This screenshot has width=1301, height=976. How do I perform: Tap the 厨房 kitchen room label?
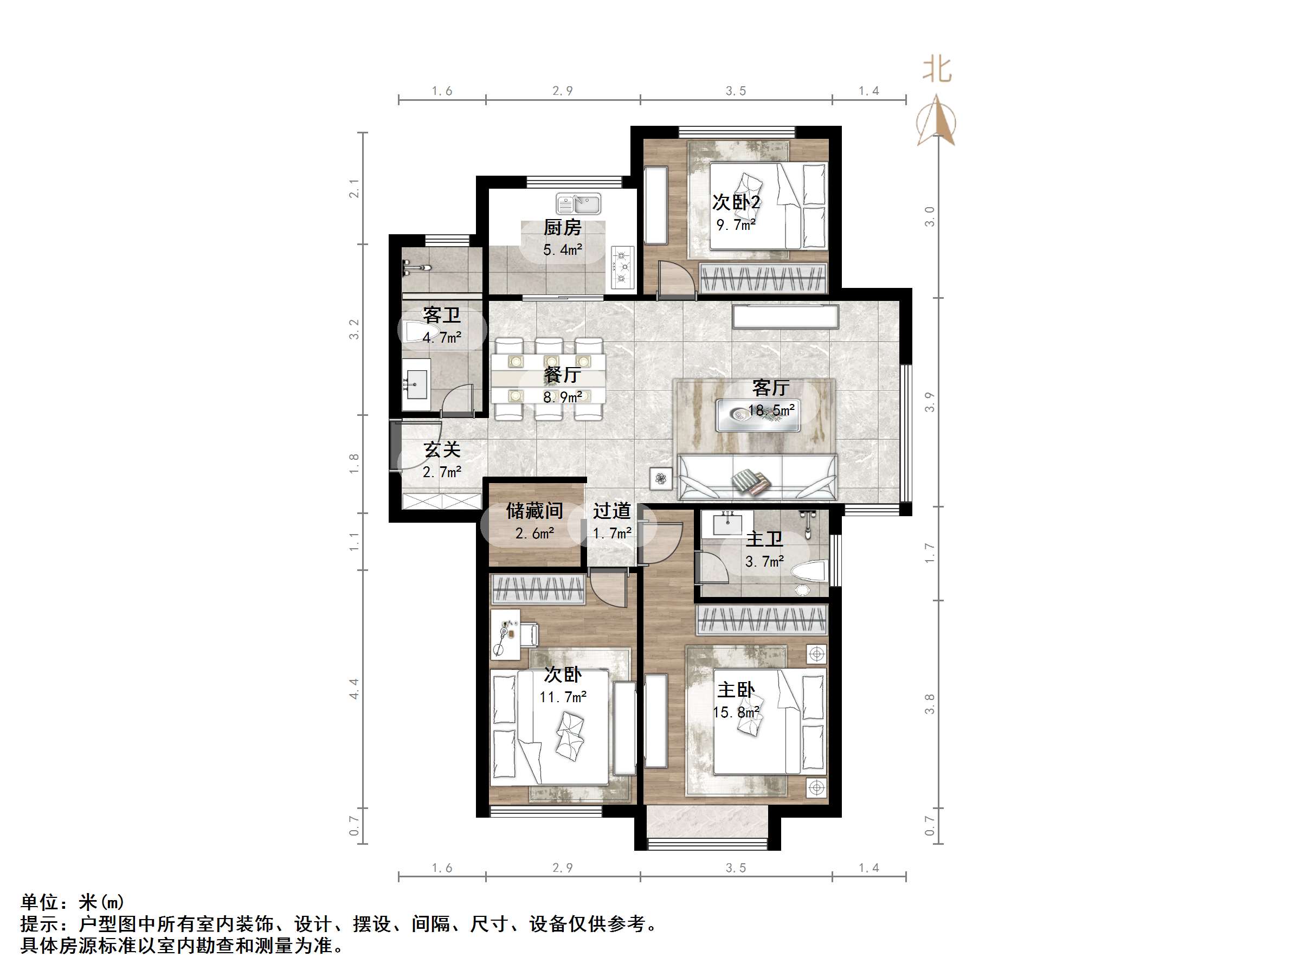[562, 227]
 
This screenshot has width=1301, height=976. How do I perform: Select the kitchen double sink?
[579, 204]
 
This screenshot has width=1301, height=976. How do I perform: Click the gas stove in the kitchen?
[622, 267]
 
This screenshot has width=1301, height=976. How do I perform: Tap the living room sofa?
[757, 478]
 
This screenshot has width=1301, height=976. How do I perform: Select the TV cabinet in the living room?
[785, 316]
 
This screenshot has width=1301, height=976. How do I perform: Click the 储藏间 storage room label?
[534, 511]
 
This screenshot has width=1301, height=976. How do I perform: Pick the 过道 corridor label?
[611, 511]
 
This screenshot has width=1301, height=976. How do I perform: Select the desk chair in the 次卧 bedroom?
[529, 634]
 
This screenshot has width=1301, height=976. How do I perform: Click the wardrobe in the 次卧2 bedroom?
[763, 278]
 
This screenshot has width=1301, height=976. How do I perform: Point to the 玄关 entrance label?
[442, 450]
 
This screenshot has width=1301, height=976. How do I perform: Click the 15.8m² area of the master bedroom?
[736, 712]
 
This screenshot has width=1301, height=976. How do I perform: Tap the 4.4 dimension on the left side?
[354, 688]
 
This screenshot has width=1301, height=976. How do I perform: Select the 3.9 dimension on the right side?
[929, 402]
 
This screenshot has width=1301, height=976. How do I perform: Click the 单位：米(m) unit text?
[72, 902]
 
